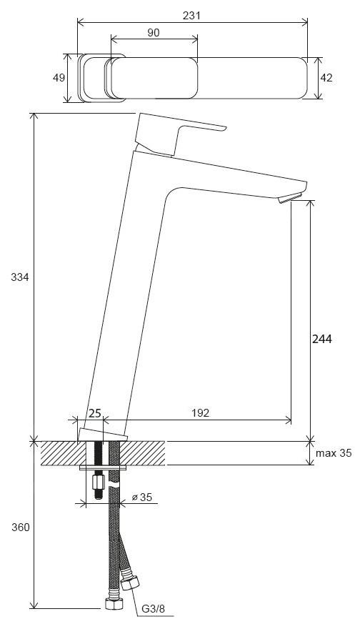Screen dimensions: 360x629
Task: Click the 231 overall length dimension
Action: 191,16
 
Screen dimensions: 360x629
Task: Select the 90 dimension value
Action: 153,33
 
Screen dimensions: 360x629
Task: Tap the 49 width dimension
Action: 59,78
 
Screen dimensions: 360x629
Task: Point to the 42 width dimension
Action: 326,78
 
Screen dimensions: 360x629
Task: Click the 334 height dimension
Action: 20,277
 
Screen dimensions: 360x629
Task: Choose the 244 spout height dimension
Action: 322,339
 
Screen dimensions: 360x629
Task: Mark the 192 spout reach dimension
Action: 200,413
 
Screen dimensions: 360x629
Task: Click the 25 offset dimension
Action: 94,413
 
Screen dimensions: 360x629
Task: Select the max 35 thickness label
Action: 334,453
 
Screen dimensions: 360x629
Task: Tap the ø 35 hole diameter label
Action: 142,497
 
